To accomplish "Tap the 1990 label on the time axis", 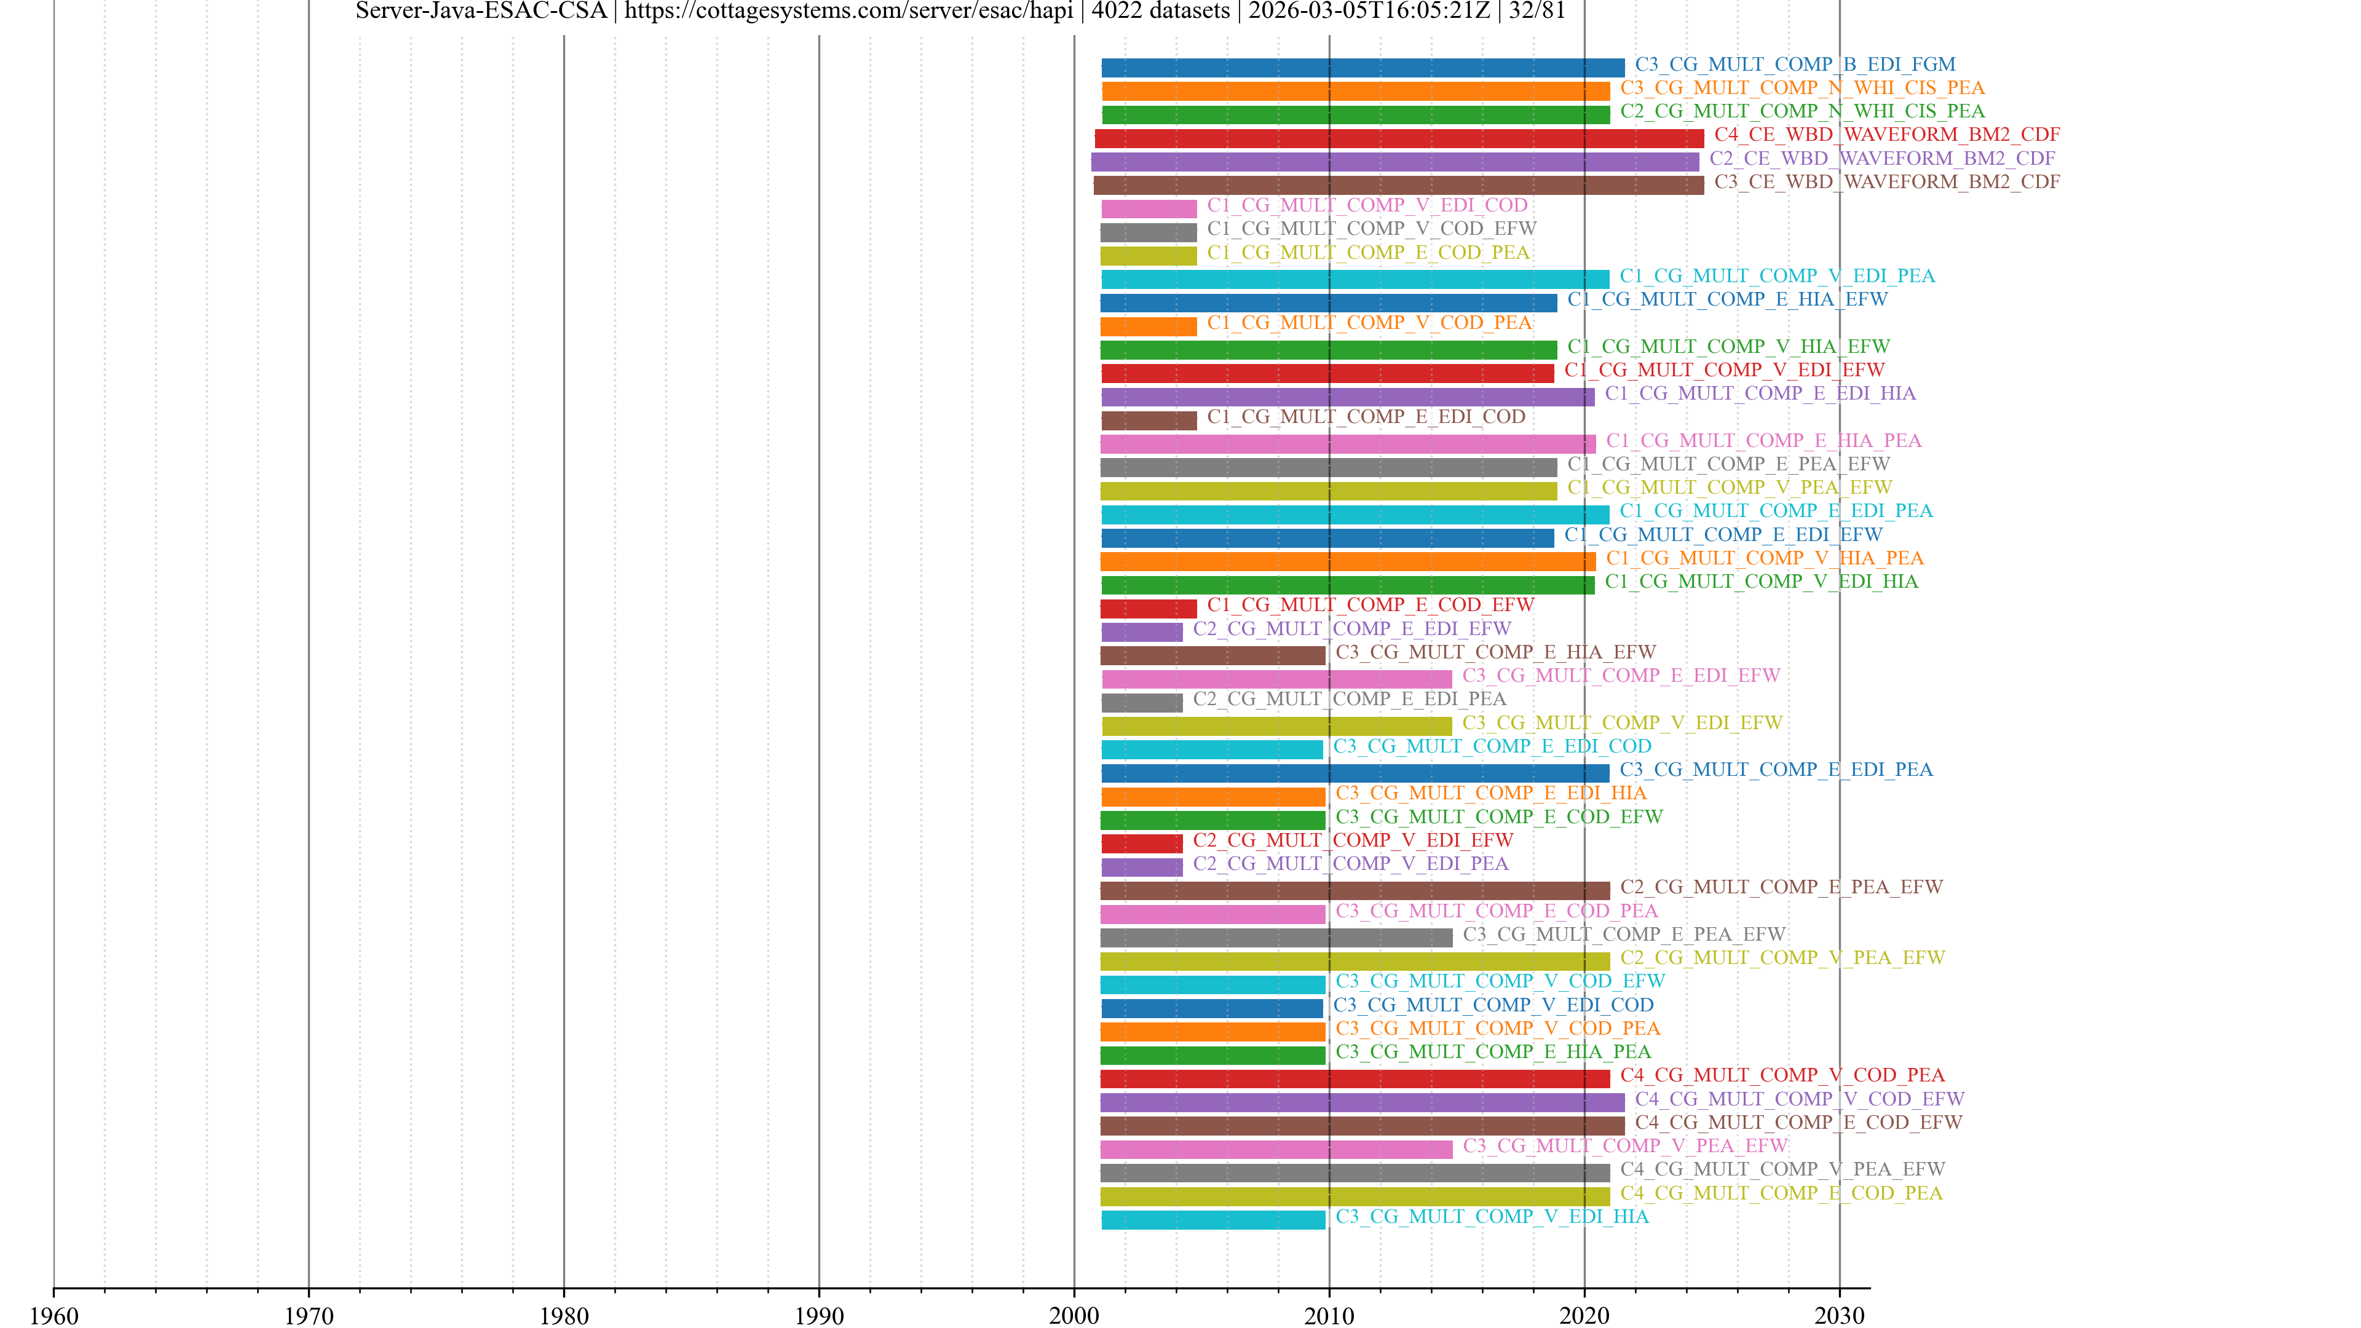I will (818, 1315).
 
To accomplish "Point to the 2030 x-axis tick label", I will (1838, 1315).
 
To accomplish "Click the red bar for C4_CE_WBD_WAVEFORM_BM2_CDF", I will (1399, 138).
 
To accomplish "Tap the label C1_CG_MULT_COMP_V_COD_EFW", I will (1371, 228).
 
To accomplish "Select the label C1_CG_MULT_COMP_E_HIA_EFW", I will (1726, 299).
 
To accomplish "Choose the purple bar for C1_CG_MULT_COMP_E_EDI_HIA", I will (1347, 397).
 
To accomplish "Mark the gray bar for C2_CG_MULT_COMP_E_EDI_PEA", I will (1141, 703).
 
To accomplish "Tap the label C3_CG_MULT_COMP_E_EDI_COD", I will (1492, 746).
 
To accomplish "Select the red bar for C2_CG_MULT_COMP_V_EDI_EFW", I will (1141, 843).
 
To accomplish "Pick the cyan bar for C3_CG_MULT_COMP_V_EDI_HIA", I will (1212, 1220).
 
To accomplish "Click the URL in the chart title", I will (848, 11).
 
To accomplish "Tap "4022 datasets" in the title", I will (1160, 11).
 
